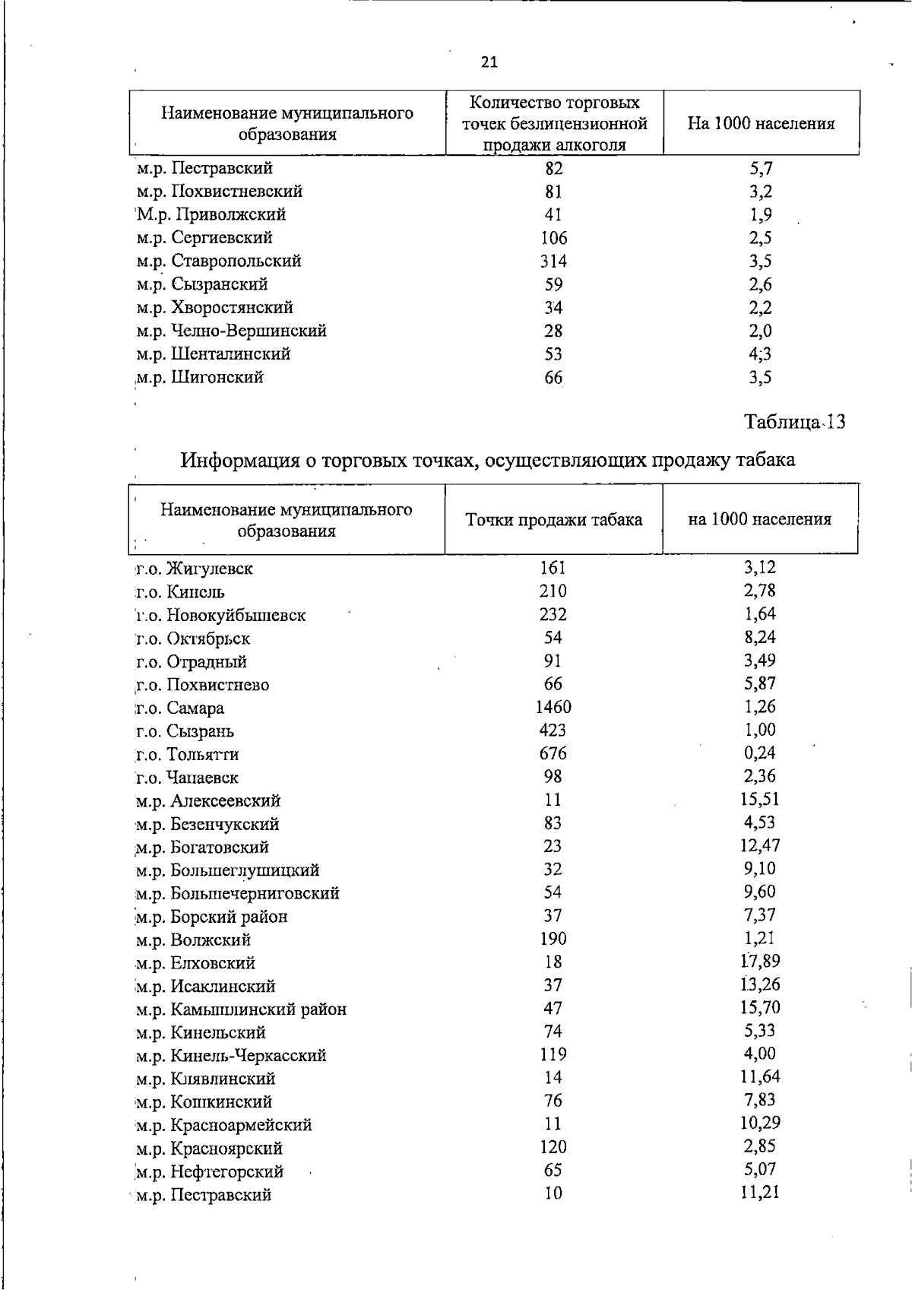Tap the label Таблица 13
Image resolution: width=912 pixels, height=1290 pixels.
point(795,422)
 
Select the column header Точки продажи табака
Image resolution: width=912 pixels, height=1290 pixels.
point(553,520)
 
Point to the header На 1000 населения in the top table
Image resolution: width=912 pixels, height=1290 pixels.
point(761,124)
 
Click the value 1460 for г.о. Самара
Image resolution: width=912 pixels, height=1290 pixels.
point(553,707)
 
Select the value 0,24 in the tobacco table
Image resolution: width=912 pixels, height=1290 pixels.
point(760,753)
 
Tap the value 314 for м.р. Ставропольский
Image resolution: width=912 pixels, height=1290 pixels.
point(553,261)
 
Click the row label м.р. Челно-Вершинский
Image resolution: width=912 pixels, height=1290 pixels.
point(232,331)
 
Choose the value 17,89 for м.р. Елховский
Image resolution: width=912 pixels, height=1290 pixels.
point(760,961)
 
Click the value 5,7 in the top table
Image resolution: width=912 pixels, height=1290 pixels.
point(760,168)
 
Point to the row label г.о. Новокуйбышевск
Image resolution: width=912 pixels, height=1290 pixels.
point(220,616)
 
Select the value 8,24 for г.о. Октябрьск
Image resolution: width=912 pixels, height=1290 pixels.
point(760,637)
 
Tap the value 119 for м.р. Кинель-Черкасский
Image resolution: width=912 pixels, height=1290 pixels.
point(553,1054)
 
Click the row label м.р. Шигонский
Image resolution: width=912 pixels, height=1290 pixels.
point(200,378)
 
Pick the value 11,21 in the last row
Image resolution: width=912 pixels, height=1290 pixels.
point(760,1192)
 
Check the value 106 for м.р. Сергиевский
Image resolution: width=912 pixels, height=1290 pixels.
point(553,238)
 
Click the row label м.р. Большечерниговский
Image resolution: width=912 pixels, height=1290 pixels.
point(238,893)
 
